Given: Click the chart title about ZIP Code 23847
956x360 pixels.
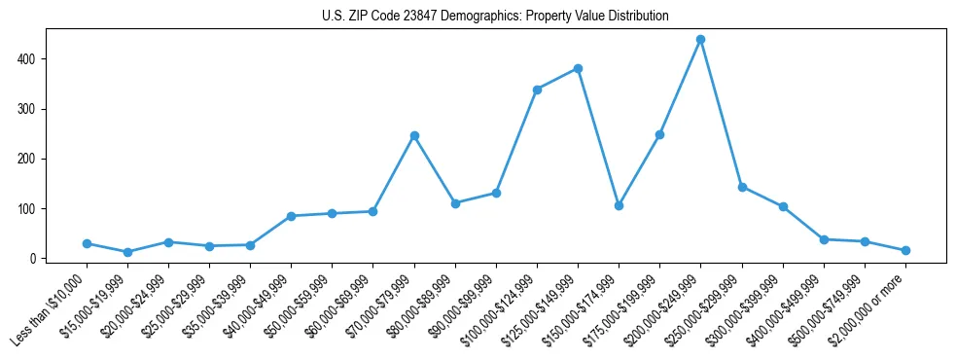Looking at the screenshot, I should (495, 17).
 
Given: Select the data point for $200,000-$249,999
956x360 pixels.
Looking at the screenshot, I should (700, 40).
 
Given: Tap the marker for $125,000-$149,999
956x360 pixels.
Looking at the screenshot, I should (578, 68).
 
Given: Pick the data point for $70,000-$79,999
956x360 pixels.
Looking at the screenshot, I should (414, 135).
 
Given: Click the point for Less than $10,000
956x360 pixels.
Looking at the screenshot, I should (88, 243).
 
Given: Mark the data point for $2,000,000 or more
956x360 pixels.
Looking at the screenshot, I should (905, 250).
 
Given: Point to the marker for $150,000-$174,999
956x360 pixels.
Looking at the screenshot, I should (619, 205).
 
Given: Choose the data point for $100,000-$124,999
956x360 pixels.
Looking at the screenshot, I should (537, 90).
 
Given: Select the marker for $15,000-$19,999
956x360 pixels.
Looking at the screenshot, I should (128, 252).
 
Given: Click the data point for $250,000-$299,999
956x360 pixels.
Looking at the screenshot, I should (742, 187).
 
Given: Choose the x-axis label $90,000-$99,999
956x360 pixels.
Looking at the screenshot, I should (461, 303).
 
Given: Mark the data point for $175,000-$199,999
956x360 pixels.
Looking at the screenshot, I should (659, 134).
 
